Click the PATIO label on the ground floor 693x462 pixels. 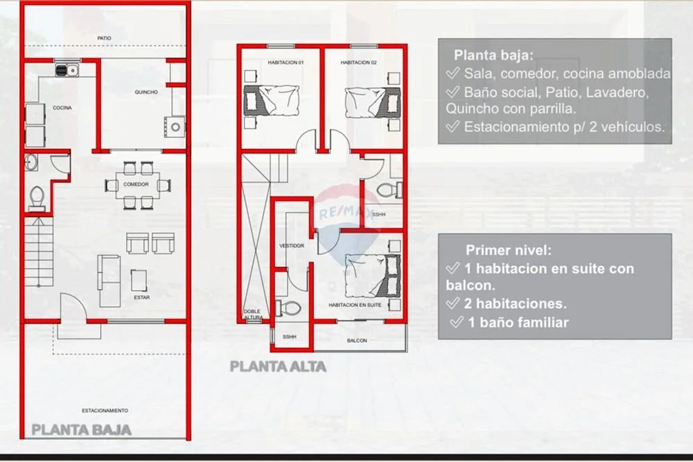pyautogui.click(x=105, y=38)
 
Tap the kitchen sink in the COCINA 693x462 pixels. pyautogui.click(x=67, y=70)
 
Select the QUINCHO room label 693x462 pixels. pyautogui.click(x=146, y=92)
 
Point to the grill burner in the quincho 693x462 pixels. pyautogui.click(x=175, y=127)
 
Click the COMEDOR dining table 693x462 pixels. pyautogui.click(x=136, y=185)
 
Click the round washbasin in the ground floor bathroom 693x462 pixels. pyautogui.click(x=31, y=162)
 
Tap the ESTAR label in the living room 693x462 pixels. pyautogui.click(x=142, y=298)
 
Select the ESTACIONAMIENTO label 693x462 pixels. pyautogui.click(x=105, y=411)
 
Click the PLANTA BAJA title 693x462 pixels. pyautogui.click(x=81, y=429)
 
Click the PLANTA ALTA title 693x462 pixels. pyautogui.click(x=278, y=366)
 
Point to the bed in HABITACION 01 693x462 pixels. pyautogui.click(x=272, y=100)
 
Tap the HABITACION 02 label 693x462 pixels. pyautogui.click(x=358, y=63)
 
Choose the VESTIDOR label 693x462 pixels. pyautogui.click(x=292, y=246)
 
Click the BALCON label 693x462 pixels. pyautogui.click(x=357, y=341)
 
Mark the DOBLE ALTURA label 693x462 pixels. pyautogui.click(x=253, y=314)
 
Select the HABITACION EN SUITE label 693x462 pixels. pyautogui.click(x=355, y=305)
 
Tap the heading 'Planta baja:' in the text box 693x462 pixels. pyautogui.click(x=493, y=55)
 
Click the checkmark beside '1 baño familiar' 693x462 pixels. pyautogui.click(x=457, y=322)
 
